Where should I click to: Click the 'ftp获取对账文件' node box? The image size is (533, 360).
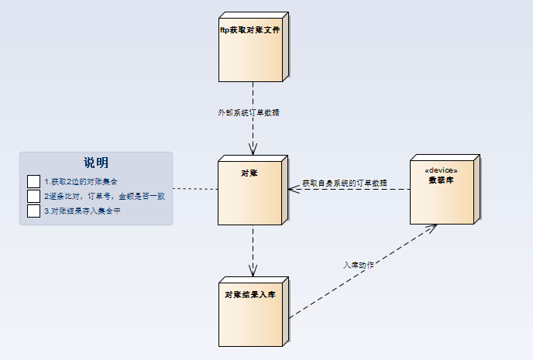(x=249, y=48)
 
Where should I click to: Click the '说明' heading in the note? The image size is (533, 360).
(x=96, y=163)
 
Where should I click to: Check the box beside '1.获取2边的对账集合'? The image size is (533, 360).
(x=33, y=181)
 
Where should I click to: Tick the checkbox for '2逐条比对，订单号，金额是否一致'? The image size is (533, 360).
(x=33, y=196)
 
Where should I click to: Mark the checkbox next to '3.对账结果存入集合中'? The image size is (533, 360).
(x=33, y=211)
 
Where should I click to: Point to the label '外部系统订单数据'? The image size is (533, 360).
(x=248, y=112)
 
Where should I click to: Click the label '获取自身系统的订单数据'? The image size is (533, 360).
(x=344, y=183)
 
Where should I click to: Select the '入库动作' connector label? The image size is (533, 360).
(x=359, y=265)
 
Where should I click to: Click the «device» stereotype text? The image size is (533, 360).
(x=442, y=170)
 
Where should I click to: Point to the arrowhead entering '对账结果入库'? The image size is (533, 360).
(x=253, y=270)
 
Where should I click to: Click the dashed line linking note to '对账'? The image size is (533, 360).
(x=194, y=189)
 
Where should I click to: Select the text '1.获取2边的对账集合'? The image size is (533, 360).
(x=81, y=181)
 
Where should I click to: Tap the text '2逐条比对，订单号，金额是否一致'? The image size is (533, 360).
(x=105, y=196)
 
